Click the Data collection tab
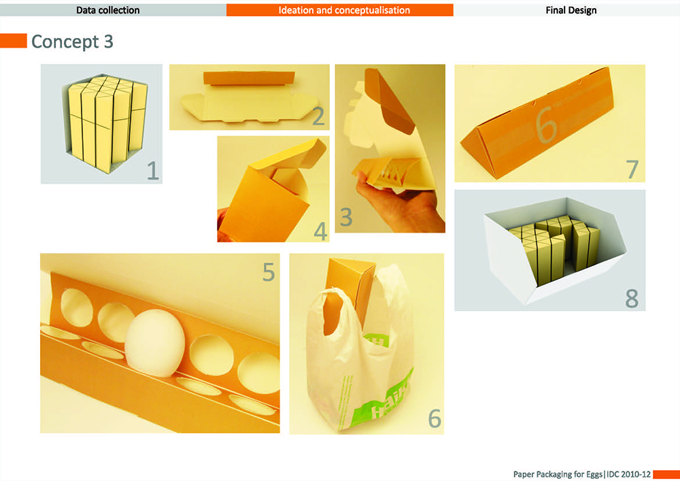pyautogui.click(x=108, y=10)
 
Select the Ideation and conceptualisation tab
pyautogui.click(x=340, y=10)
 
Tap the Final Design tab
pyautogui.click(x=571, y=10)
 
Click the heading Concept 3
pyautogui.click(x=72, y=42)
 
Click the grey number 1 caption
pyautogui.click(x=152, y=171)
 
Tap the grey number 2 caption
pyautogui.click(x=318, y=116)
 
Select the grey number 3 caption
pyautogui.click(x=345, y=217)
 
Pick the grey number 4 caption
pyautogui.click(x=320, y=231)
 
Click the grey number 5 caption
pyautogui.click(x=269, y=272)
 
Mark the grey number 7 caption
pyautogui.click(x=632, y=169)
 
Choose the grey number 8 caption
pyautogui.click(x=632, y=299)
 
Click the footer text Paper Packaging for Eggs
pyautogui.click(x=558, y=474)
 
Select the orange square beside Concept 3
pyautogui.click(x=14, y=41)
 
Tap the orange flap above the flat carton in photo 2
pyautogui.click(x=249, y=78)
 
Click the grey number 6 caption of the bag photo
pyautogui.click(x=435, y=418)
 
